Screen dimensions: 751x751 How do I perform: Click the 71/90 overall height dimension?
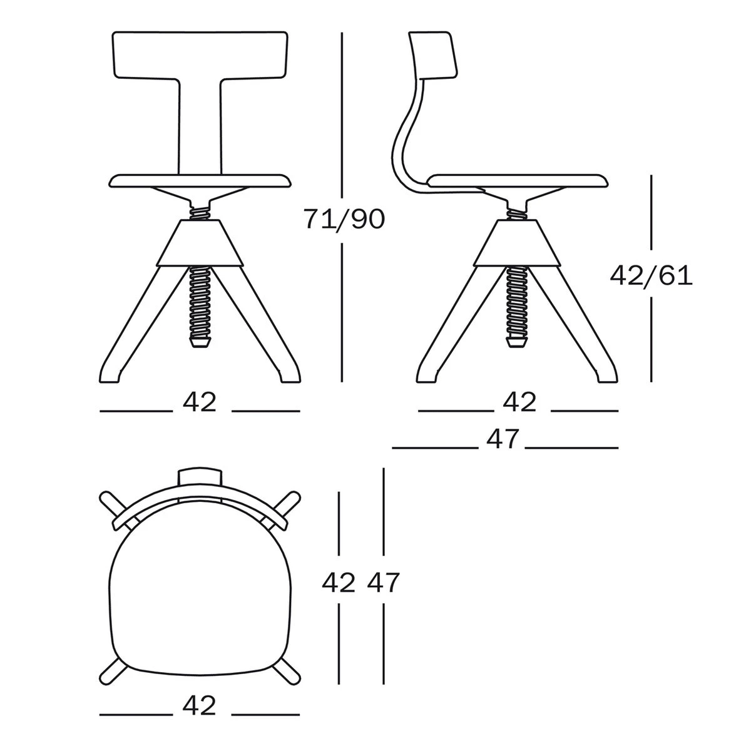tap(344, 219)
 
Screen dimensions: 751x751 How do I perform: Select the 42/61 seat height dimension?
tap(651, 276)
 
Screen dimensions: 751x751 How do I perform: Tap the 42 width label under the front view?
tap(199, 402)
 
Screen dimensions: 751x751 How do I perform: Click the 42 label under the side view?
tap(519, 402)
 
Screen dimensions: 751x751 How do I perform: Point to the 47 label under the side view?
tap(503, 439)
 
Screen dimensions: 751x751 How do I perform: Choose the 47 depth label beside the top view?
tap(384, 583)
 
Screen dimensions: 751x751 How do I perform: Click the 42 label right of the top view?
tap(339, 583)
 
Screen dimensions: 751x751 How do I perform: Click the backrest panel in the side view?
tap(434, 54)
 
